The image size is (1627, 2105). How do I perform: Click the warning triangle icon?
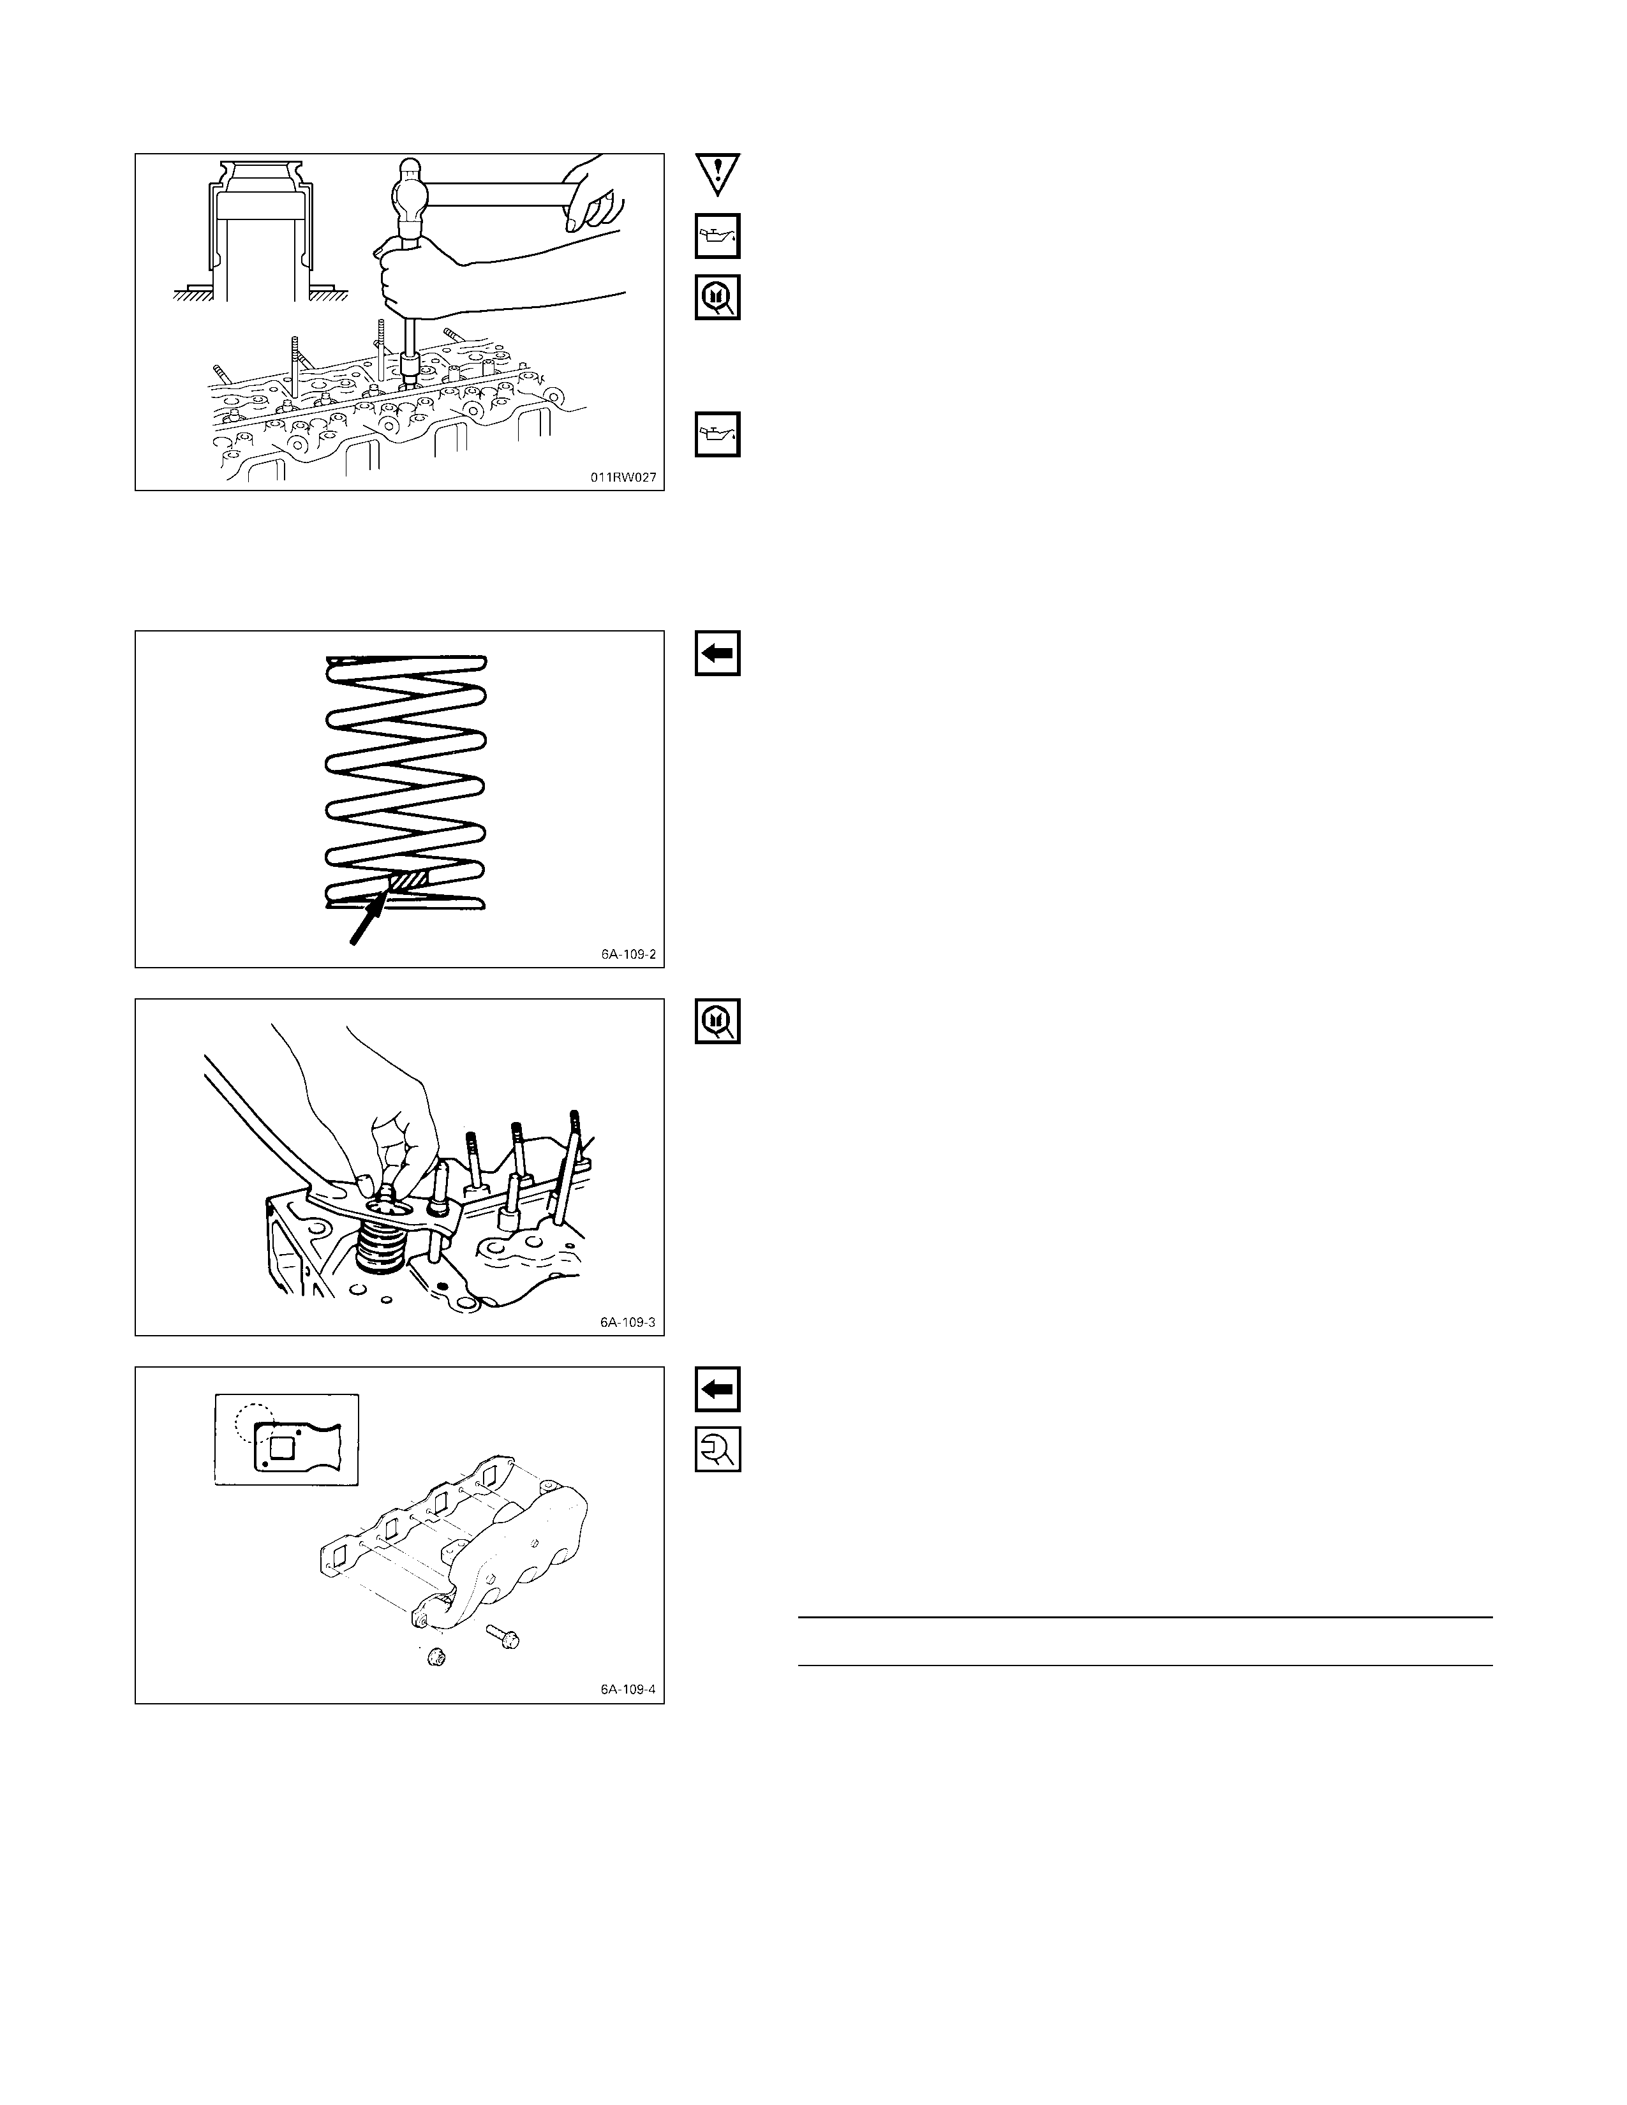(718, 174)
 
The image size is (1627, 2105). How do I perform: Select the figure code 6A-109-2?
(628, 954)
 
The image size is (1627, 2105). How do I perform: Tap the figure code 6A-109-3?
(628, 1322)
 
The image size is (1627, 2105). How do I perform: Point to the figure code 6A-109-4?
(628, 1690)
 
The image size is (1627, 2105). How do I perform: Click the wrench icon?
(718, 1448)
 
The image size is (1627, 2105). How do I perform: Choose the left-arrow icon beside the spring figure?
(718, 653)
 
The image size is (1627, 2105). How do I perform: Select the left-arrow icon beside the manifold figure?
(718, 1389)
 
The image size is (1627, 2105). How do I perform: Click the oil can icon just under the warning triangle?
(718, 236)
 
